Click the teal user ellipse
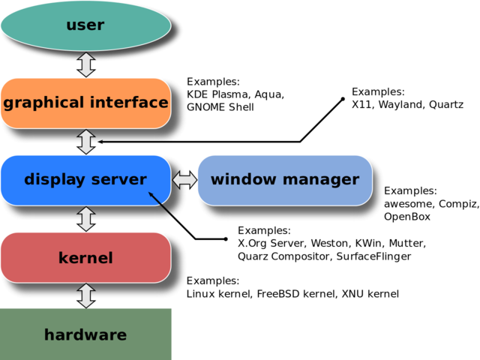[x=85, y=25]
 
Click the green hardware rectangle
[x=86, y=334]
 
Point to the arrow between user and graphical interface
[x=86, y=64]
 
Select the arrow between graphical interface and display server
[x=86, y=141]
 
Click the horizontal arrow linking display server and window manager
[x=184, y=180]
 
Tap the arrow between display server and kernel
[x=86, y=218]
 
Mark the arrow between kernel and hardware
[x=86, y=295]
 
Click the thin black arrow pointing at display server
[x=161, y=205]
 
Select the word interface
[x=129, y=102]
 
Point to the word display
[x=54, y=180]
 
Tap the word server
[x=119, y=180]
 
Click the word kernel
[x=85, y=258]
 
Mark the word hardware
[x=85, y=335]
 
